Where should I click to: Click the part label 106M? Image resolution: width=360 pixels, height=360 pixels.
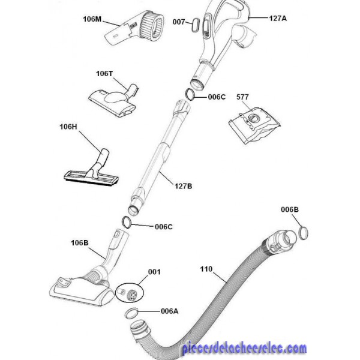click(x=92, y=19)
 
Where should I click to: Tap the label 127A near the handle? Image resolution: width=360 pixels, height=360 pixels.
click(x=278, y=18)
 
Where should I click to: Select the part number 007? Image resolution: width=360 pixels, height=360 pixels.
click(x=179, y=22)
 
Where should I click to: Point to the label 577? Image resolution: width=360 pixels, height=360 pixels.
click(x=242, y=97)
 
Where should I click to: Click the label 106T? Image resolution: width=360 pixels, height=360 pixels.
click(x=104, y=74)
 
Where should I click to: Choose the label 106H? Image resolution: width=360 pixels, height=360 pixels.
click(x=68, y=127)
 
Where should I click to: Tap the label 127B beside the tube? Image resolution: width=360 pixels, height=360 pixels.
click(x=184, y=186)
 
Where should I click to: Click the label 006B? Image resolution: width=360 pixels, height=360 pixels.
click(x=290, y=209)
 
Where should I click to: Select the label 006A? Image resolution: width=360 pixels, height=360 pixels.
click(x=169, y=311)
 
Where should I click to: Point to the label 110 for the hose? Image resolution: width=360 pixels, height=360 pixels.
click(x=206, y=269)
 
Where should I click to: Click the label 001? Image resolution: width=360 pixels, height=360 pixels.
click(x=154, y=272)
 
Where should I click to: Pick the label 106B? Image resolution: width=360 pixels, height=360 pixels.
click(x=79, y=242)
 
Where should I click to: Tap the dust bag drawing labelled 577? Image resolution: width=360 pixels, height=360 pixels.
click(x=254, y=125)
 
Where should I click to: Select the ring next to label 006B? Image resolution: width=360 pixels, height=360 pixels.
click(x=303, y=233)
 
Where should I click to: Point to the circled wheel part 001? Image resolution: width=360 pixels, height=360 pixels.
click(x=129, y=293)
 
